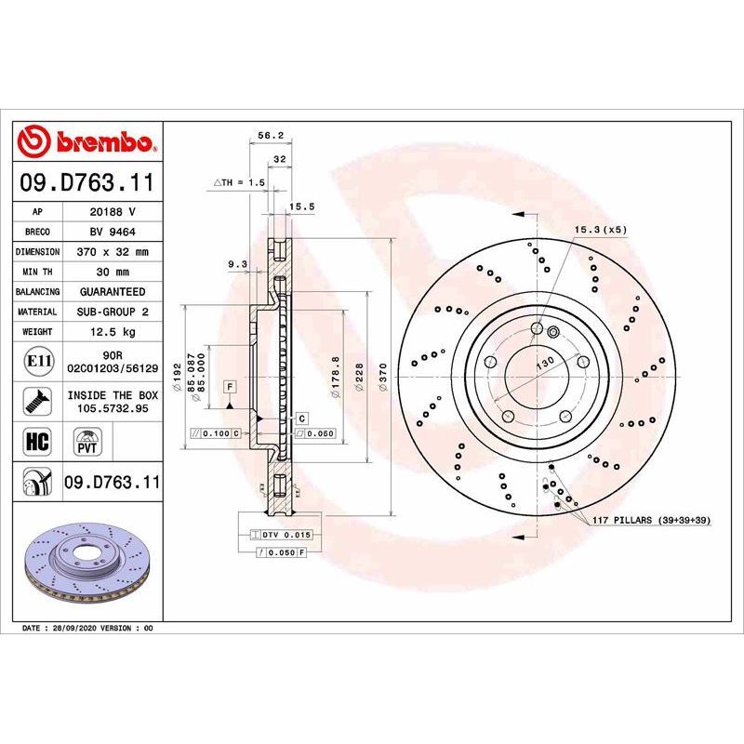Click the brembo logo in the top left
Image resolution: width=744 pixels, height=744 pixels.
[x=89, y=141]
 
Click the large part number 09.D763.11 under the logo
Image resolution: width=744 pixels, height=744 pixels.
[x=89, y=180]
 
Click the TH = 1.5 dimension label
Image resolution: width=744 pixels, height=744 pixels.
[x=240, y=182]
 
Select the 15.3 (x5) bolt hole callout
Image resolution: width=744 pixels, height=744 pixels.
[x=600, y=229]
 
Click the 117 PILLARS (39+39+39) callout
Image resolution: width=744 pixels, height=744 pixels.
[x=651, y=520]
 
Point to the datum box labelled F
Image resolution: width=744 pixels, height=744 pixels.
[x=229, y=386]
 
